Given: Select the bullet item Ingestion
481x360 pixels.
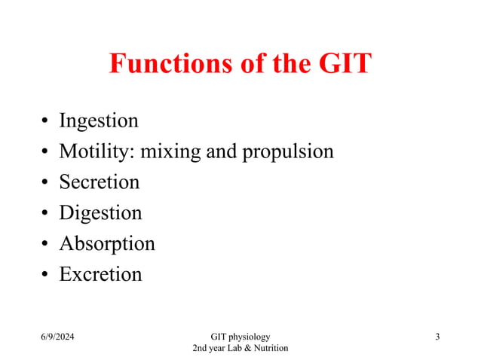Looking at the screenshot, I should [x=99, y=121].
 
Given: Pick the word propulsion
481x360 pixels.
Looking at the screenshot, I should [x=287, y=153].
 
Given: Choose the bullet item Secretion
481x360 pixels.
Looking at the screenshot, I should [x=100, y=182].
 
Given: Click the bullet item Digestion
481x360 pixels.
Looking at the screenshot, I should [x=100, y=213].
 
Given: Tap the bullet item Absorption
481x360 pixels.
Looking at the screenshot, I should [x=107, y=244].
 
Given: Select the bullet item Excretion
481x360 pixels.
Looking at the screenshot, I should [x=100, y=274].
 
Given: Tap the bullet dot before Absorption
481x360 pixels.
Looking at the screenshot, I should [x=46, y=245].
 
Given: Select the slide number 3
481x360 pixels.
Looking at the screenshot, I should [x=437, y=336].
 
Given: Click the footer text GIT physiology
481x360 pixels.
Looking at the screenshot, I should [x=240, y=336].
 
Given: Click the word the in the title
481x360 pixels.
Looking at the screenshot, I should [x=285, y=63].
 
